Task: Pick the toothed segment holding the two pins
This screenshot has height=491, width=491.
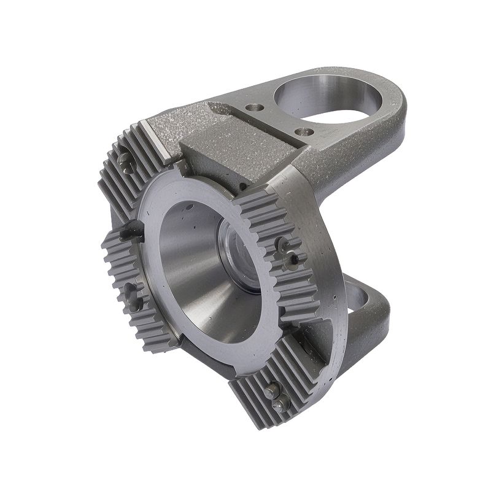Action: (x=270, y=387)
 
